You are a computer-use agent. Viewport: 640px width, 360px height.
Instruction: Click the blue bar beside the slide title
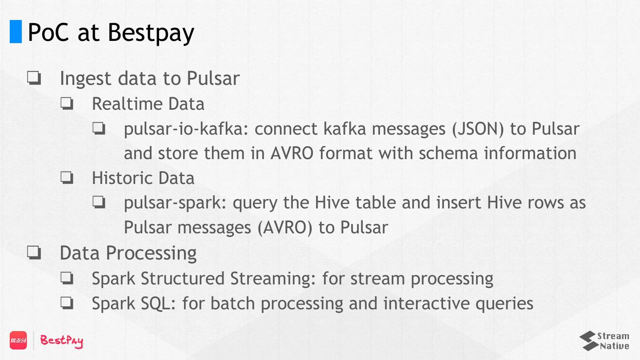click(16, 32)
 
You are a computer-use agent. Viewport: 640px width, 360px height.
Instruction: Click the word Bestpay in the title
click(151, 32)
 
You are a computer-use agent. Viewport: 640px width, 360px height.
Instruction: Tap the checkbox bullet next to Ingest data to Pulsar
click(34, 79)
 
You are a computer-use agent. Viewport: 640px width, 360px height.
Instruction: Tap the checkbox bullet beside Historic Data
click(67, 178)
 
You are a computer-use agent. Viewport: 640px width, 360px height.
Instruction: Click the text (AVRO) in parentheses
click(285, 228)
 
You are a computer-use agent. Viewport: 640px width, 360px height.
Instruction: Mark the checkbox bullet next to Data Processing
click(34, 253)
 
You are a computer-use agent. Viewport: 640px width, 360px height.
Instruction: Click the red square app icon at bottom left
click(18, 340)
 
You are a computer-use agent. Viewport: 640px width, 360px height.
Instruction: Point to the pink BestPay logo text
click(62, 341)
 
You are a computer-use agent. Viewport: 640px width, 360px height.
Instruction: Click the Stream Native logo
click(604, 341)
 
